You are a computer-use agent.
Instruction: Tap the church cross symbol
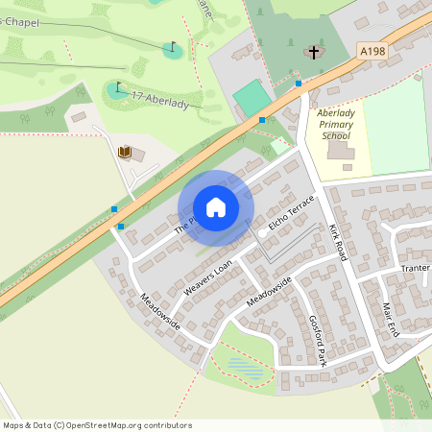[x=314, y=51]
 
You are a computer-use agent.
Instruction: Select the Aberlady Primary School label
[x=335, y=125]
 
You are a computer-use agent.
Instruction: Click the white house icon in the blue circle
[x=216, y=206]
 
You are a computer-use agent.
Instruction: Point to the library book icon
[x=124, y=152]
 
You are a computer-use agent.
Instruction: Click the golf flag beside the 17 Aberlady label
[x=118, y=88]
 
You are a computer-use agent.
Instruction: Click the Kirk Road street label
[x=336, y=242]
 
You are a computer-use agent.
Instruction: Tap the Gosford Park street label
[x=318, y=341]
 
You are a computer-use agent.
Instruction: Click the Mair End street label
[x=390, y=318]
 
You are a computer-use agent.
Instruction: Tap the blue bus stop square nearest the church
[x=299, y=84]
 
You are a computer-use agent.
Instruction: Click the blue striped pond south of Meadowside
[x=245, y=368]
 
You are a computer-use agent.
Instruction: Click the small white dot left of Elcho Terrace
[x=262, y=231]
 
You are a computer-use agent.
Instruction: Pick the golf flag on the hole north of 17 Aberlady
[x=173, y=46]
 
